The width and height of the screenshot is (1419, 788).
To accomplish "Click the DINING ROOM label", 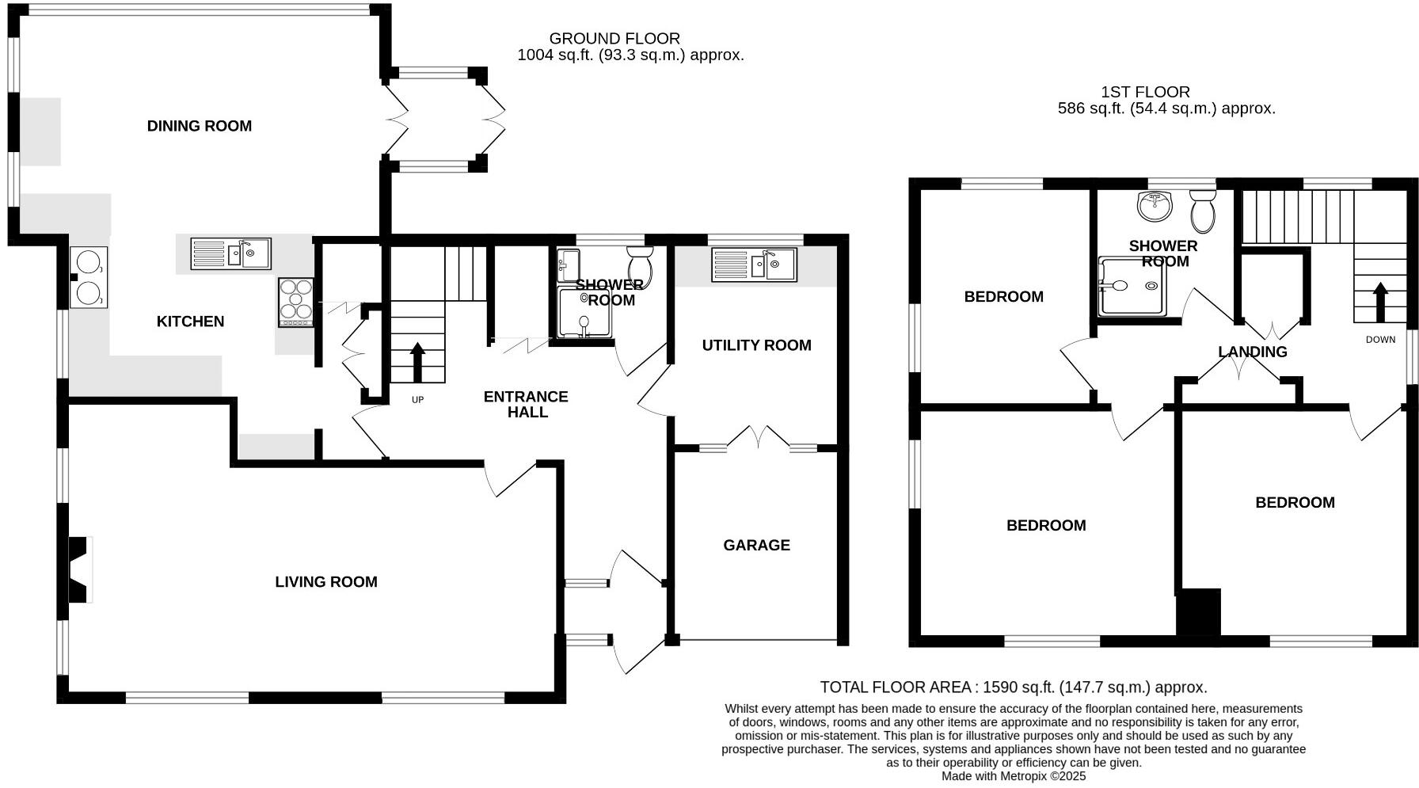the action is tap(200, 126).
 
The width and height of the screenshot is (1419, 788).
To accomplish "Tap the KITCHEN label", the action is tap(190, 322).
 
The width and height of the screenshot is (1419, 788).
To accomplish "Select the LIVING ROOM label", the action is tap(326, 582).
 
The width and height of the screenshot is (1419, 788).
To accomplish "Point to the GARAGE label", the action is tap(756, 545).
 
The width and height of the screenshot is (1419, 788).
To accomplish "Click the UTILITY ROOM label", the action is tap(756, 345).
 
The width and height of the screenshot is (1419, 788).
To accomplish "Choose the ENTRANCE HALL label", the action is tap(527, 404).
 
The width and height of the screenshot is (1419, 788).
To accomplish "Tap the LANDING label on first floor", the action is tap(1253, 352).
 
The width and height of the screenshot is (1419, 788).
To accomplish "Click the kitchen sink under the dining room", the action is tap(230, 253).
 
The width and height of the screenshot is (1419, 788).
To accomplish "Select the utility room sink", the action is tap(753, 265).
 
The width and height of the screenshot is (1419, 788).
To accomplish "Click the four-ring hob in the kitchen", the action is tap(296, 301).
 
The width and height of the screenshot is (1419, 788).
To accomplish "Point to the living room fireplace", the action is tap(78, 570).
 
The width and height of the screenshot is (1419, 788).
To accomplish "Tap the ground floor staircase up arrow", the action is tap(417, 361).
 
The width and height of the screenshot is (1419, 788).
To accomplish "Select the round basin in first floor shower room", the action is tap(1155, 207).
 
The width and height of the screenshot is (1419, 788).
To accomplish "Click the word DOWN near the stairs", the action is tap(1381, 340).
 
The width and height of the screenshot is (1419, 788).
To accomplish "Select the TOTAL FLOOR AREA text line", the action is tap(1014, 687).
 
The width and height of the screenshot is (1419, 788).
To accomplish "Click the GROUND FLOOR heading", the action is tap(614, 38).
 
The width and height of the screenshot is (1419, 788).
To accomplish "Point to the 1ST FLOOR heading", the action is tap(1145, 92).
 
